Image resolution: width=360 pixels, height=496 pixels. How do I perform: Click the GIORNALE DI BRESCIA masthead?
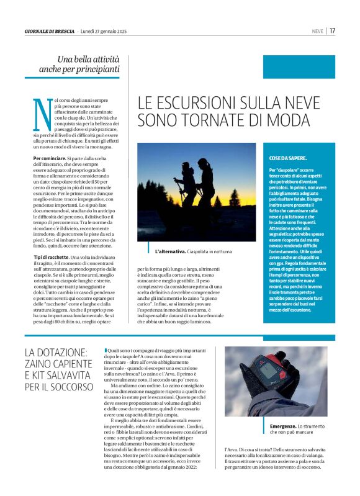coord(50,30)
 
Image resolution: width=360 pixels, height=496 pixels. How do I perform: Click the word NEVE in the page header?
coord(317,30)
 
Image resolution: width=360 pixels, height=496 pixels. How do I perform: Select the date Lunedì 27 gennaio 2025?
coord(104,30)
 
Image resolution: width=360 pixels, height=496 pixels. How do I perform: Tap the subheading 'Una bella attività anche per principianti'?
coord(88,64)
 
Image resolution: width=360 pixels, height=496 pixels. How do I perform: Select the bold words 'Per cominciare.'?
coord(52,159)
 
